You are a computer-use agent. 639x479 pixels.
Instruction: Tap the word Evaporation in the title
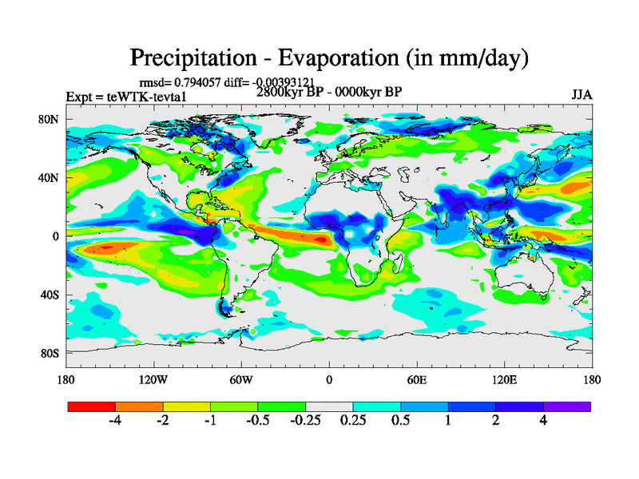[x=334, y=58]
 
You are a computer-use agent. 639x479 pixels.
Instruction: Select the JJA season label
[x=581, y=95]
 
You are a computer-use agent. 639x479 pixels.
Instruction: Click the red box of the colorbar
[x=92, y=406]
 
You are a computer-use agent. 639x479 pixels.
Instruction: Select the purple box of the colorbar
[x=567, y=406]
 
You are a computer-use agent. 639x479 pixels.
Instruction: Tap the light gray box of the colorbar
[x=329, y=406]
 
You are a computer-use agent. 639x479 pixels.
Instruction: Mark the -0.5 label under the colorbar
[x=258, y=422]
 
